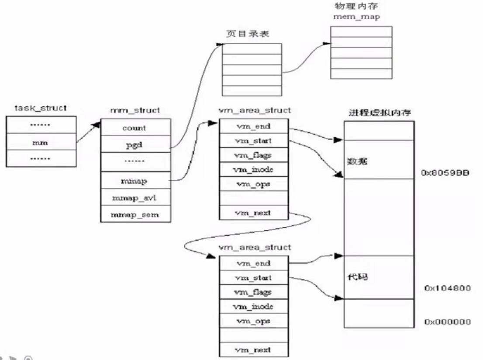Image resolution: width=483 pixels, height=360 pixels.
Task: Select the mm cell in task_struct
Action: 41,142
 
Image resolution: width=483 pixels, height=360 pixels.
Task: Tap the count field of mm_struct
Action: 135,128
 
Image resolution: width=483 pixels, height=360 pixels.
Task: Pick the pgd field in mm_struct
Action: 135,145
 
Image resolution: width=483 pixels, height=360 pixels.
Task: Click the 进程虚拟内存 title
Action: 379,112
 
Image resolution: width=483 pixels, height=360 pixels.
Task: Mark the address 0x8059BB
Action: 445,173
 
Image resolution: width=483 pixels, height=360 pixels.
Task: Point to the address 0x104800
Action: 447,288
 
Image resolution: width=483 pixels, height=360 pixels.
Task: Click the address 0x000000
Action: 447,322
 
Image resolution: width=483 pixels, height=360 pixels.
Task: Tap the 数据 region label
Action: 355,161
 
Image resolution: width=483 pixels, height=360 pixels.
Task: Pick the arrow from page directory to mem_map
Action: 306,57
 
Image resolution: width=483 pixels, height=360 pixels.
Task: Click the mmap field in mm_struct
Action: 135,179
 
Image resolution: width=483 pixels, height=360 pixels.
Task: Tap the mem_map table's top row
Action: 361,32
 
